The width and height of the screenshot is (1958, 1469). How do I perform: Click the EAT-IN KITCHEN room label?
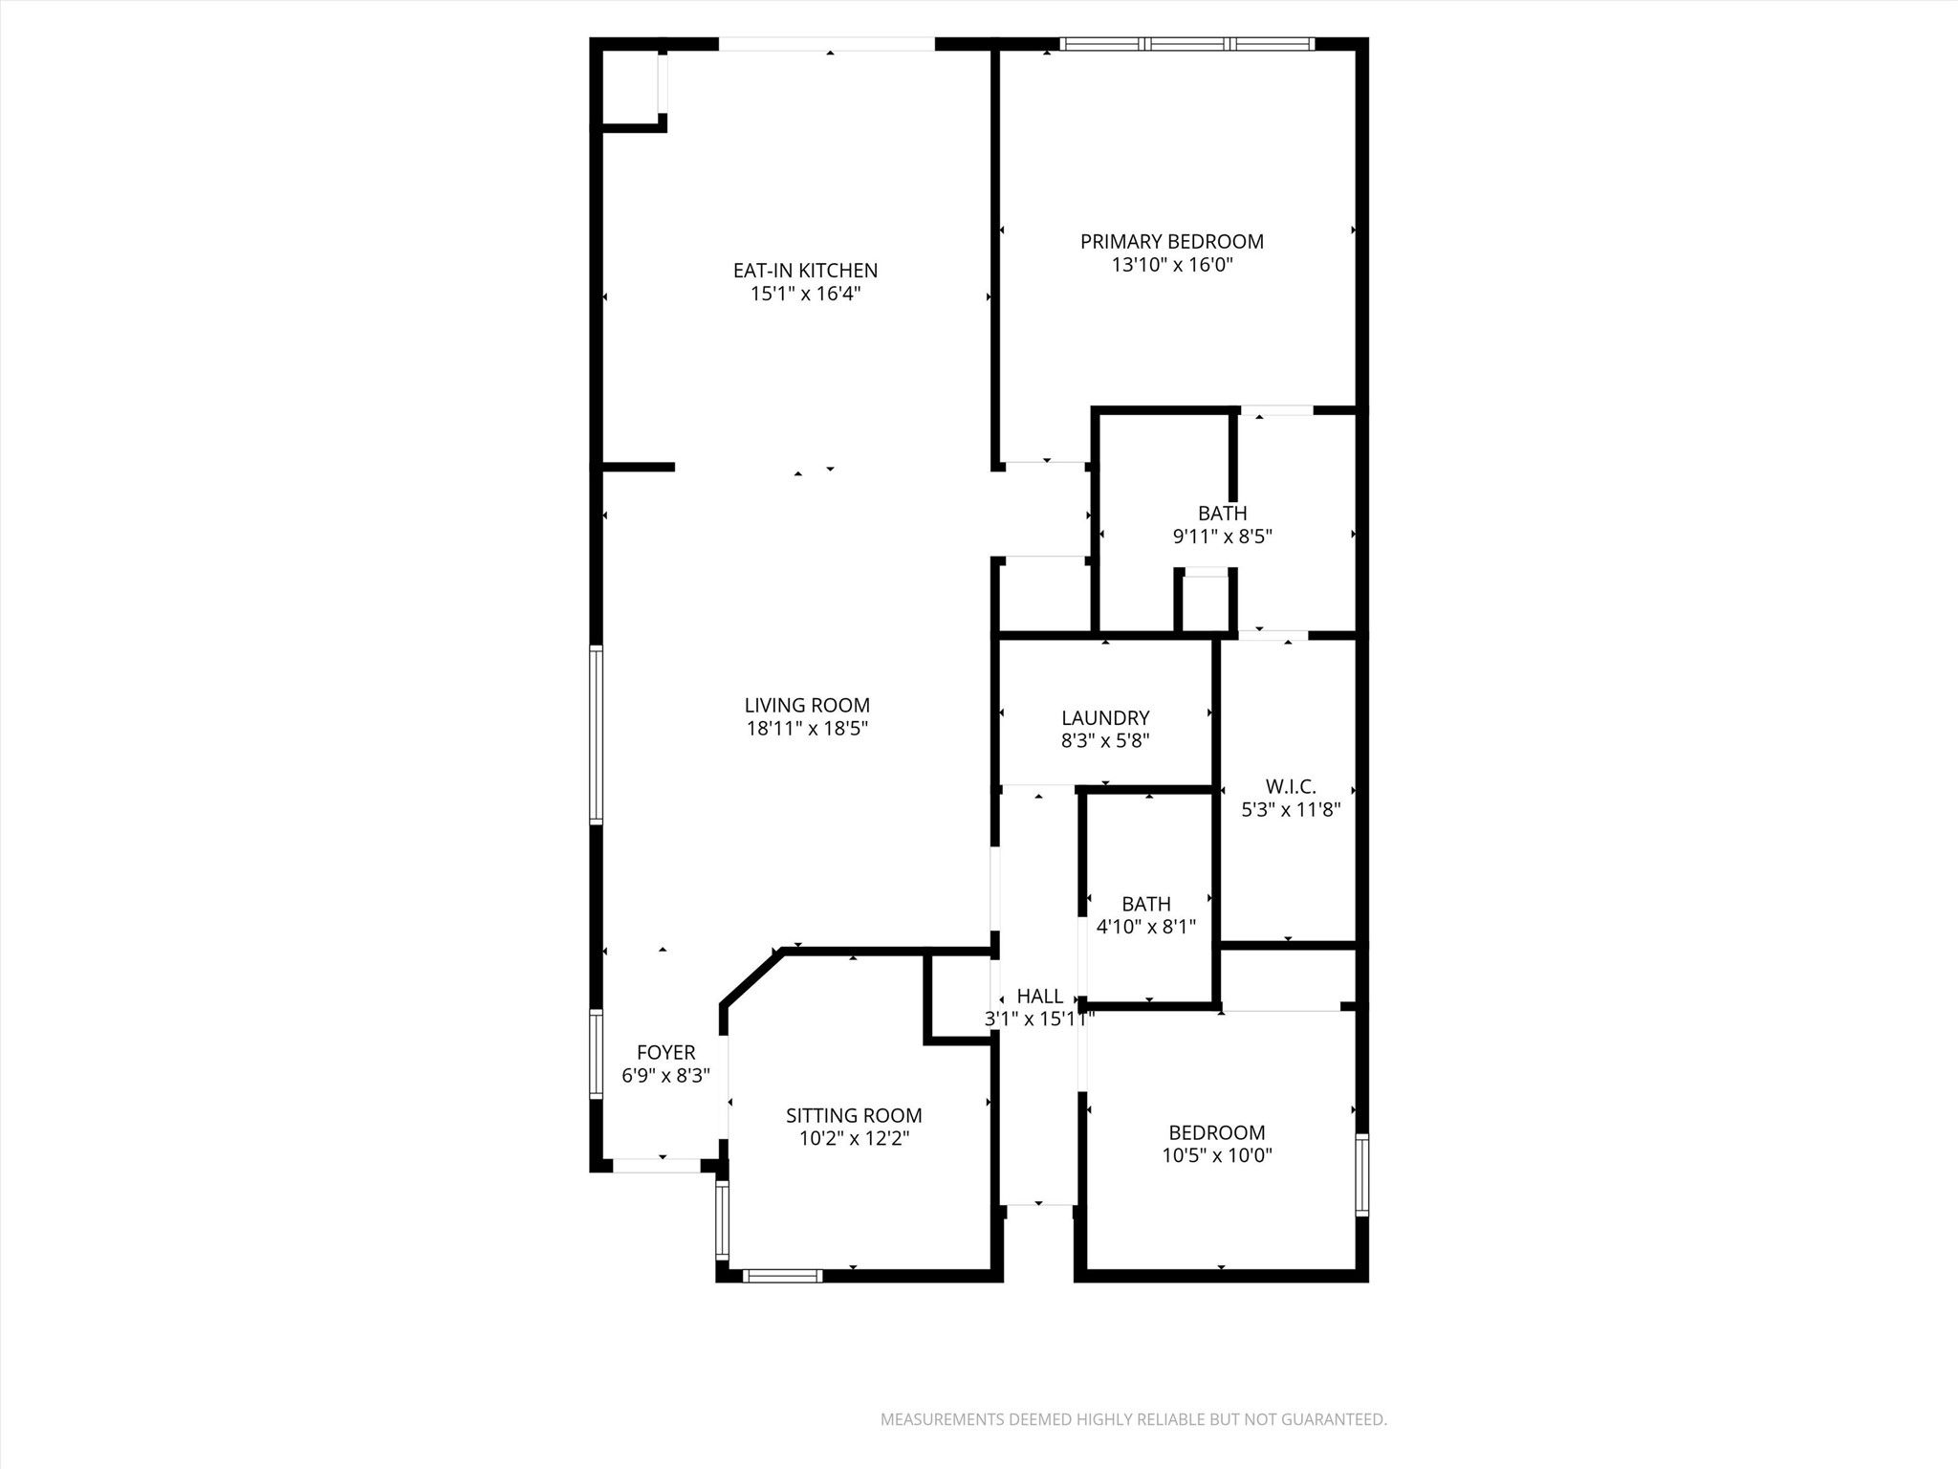point(805,271)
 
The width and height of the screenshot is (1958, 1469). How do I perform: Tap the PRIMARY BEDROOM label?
point(1172,242)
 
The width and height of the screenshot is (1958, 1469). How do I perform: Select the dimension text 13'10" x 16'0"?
point(1172,265)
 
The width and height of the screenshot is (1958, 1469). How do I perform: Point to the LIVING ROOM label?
point(807,706)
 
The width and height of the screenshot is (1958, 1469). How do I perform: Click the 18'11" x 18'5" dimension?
point(807,729)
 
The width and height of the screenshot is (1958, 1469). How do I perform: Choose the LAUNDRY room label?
point(1105,718)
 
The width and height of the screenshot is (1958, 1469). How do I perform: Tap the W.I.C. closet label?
point(1291,787)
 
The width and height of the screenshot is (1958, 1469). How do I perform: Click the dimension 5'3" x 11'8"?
point(1291,810)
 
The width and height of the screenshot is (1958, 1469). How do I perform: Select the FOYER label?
point(665,1053)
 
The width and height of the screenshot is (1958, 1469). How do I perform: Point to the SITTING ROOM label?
point(854,1115)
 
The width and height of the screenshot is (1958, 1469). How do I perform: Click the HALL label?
point(1040,997)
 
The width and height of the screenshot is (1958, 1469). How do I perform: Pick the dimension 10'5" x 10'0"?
point(1217,1155)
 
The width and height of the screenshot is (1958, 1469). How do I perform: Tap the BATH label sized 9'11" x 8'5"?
point(1223,514)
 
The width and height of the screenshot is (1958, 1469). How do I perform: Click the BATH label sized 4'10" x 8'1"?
point(1146,904)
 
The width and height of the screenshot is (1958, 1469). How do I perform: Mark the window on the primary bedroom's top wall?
point(1187,43)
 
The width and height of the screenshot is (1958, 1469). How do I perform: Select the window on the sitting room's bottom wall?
point(782,1275)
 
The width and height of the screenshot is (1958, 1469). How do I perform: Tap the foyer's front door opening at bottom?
point(657,1166)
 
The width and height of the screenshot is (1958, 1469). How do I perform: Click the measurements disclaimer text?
point(1133,1420)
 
